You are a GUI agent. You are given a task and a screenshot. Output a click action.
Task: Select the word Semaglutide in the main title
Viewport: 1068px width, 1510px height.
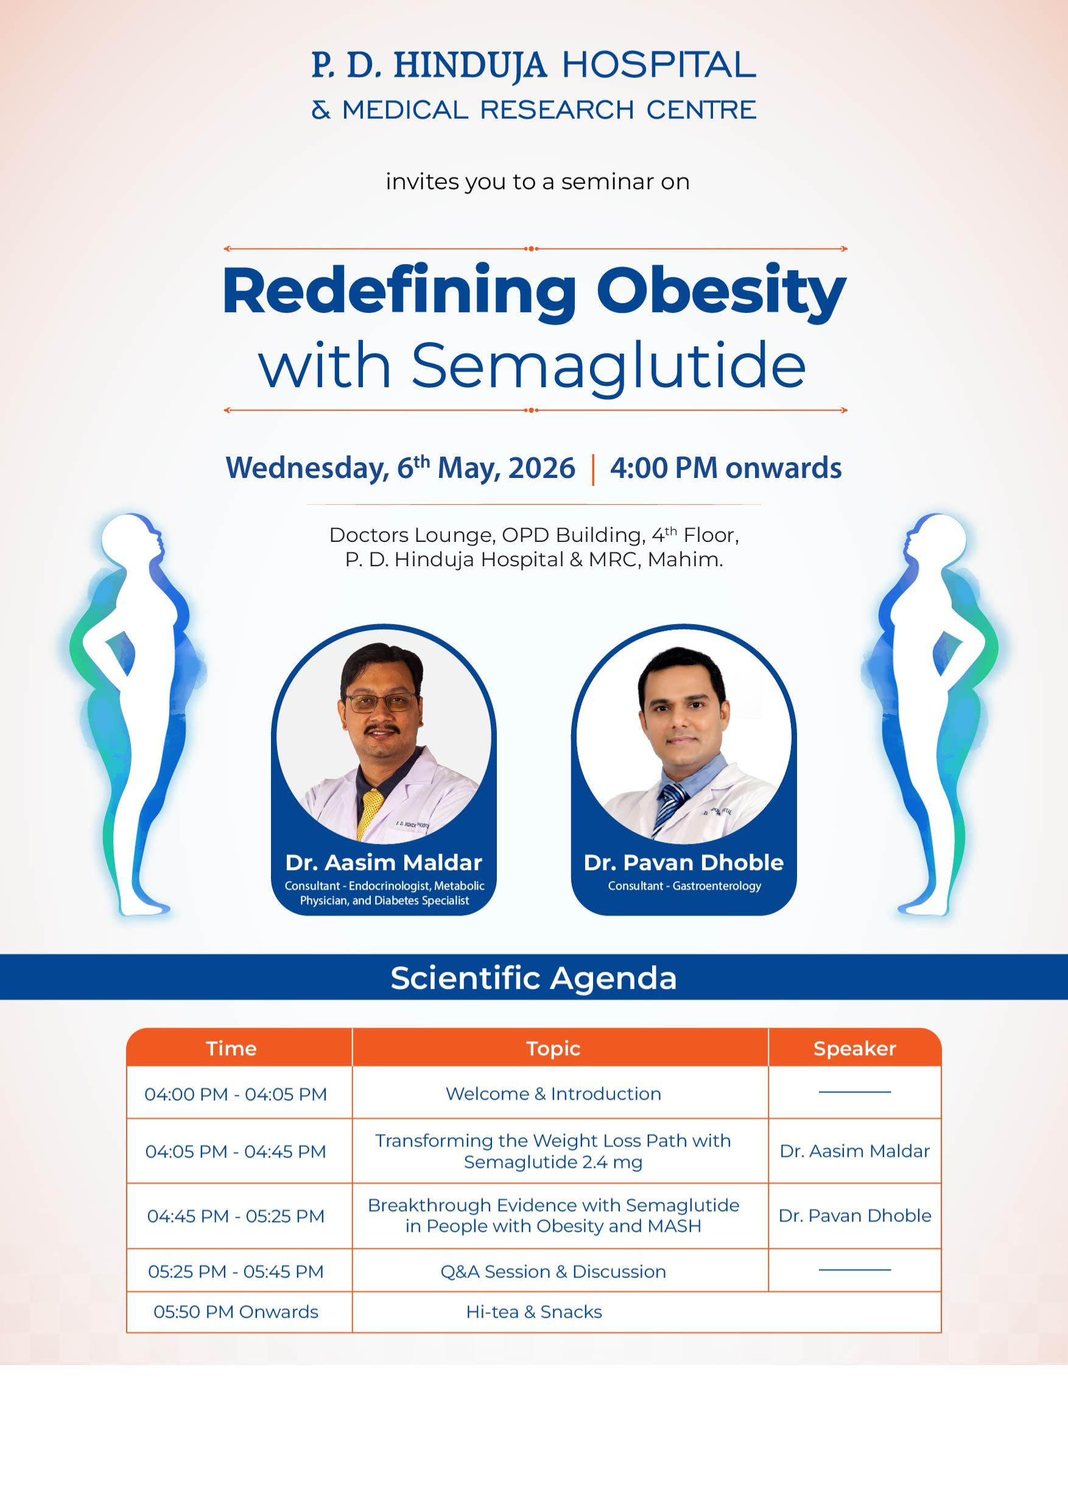[608, 367]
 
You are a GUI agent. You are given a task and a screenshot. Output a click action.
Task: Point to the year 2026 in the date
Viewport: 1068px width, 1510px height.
[542, 468]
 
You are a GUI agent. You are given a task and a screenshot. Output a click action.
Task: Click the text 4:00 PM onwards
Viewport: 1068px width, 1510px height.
[725, 468]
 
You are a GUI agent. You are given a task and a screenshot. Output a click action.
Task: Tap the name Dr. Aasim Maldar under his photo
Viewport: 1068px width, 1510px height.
[384, 862]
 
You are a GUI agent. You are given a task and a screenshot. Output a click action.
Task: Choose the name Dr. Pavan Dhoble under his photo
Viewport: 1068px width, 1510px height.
[684, 862]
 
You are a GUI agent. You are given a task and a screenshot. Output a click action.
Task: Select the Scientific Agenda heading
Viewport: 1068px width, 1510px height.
[533, 978]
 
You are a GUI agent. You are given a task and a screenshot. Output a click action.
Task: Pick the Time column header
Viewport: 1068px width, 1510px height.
[231, 1048]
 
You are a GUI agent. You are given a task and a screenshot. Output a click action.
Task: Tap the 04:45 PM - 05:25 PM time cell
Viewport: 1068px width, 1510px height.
[236, 1216]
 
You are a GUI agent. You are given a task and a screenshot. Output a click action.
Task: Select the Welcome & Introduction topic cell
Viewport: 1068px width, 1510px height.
[553, 1094]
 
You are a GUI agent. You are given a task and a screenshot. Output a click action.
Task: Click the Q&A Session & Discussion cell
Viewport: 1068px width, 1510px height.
[553, 1272]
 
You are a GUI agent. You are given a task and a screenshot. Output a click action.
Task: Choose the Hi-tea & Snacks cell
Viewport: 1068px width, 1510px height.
[534, 1312]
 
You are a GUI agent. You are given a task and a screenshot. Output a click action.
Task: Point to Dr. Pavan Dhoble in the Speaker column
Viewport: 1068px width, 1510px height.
[855, 1215]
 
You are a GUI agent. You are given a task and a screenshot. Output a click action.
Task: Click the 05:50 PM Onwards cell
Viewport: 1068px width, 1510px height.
[236, 1312]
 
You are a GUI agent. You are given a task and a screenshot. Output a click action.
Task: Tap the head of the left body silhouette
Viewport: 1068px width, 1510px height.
[131, 536]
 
